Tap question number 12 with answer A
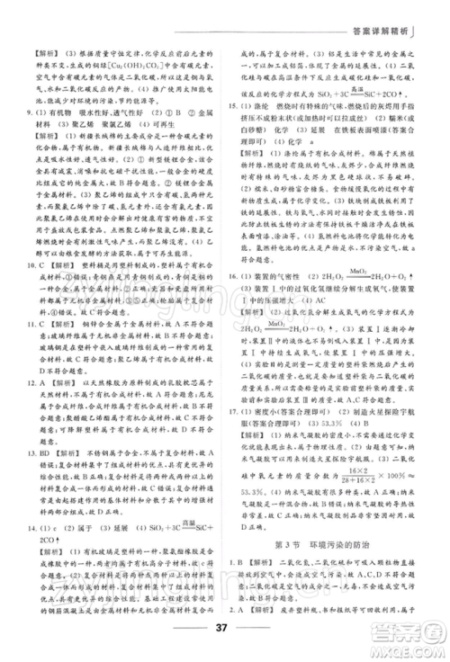[31, 405]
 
